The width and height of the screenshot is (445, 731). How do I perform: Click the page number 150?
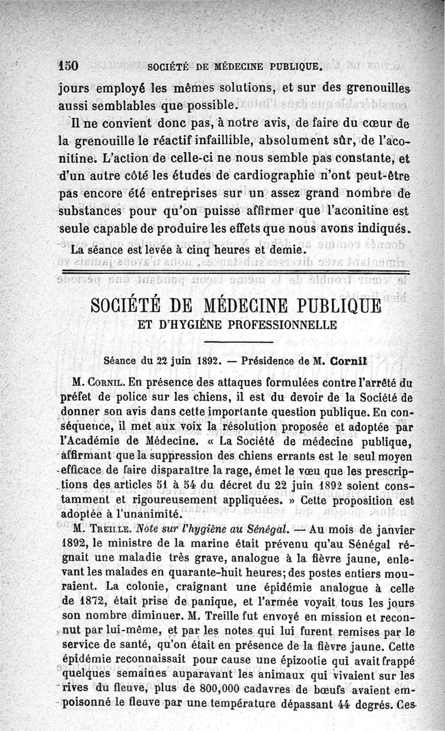(69, 66)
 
